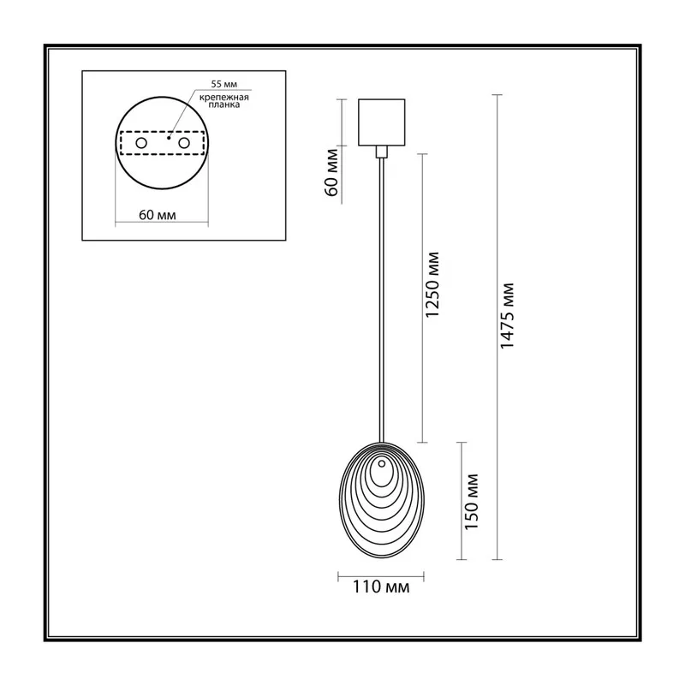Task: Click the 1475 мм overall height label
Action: click(507, 315)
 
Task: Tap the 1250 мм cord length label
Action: click(432, 285)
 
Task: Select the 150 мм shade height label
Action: click(472, 502)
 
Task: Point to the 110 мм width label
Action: click(381, 587)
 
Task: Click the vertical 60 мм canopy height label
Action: click(332, 173)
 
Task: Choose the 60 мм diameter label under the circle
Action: click(158, 215)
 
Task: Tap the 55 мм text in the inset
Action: click(224, 84)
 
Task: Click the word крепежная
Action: click(224, 98)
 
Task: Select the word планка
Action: click(224, 104)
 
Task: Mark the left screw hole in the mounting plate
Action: click(141, 143)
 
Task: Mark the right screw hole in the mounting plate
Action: click(184, 143)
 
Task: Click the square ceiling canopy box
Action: click(381, 122)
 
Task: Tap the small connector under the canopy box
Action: click(381, 152)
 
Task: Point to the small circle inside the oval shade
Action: click(382, 463)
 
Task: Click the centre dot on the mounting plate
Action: click(169, 138)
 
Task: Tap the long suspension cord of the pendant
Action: click(382, 301)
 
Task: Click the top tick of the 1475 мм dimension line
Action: click(497, 95)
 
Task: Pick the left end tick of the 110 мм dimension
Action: click(338, 576)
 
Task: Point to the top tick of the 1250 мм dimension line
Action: click(422, 154)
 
